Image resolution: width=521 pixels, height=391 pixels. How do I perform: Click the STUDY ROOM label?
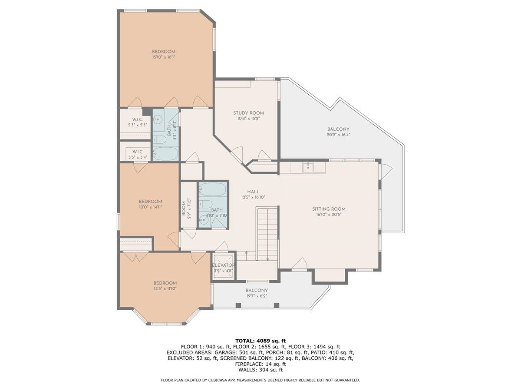(x=248, y=113)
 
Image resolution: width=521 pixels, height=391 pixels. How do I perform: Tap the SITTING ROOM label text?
(x=329, y=209)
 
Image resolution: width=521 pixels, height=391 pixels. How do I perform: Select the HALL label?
(x=253, y=192)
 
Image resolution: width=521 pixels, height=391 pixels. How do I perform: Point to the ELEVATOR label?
(x=223, y=265)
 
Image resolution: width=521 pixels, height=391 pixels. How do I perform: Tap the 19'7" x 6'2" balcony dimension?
(x=257, y=296)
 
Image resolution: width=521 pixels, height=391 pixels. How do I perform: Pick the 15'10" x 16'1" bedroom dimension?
(x=163, y=57)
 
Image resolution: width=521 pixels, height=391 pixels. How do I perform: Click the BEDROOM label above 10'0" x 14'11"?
(x=150, y=202)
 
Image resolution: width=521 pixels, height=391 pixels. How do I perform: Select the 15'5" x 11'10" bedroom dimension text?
(x=165, y=288)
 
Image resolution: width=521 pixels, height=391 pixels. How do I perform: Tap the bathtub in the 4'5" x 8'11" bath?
(x=165, y=153)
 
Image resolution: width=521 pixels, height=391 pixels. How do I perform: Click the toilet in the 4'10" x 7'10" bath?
(x=208, y=204)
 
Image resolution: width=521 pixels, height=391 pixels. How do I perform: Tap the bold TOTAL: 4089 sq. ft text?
(x=260, y=341)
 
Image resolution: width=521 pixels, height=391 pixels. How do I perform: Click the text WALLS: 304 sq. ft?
(x=260, y=370)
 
